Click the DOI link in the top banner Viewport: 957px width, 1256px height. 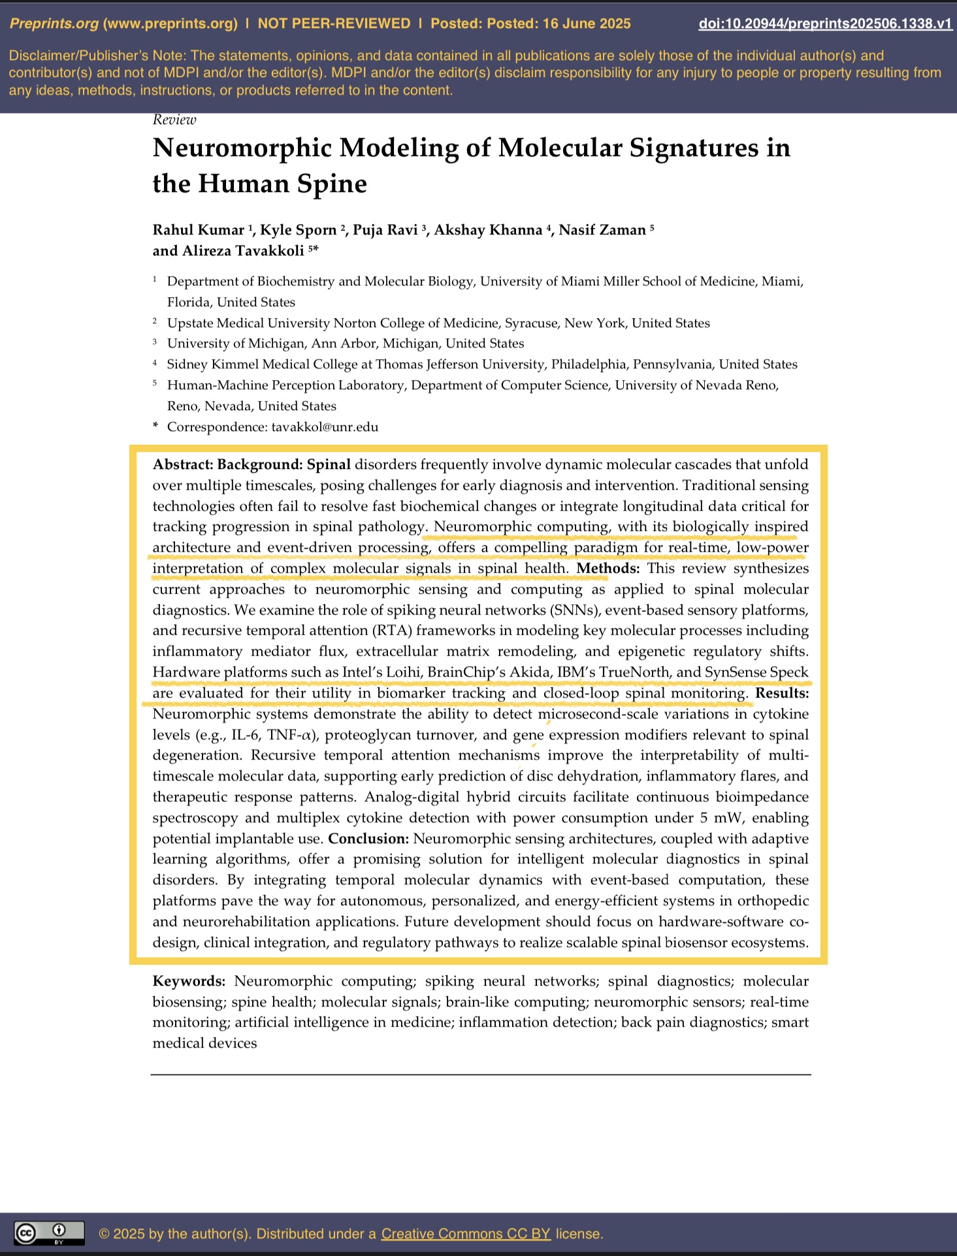click(825, 24)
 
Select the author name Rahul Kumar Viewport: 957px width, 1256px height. click(198, 230)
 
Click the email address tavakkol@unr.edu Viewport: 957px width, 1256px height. click(325, 427)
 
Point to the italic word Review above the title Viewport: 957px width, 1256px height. click(174, 120)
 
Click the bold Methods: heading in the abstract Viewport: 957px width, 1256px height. click(608, 568)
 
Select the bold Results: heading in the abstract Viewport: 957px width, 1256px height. click(782, 693)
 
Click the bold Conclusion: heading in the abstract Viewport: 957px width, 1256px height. click(368, 839)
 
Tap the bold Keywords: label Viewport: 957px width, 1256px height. click(189, 981)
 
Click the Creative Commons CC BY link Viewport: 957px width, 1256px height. click(466, 1234)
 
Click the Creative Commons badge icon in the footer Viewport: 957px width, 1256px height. click(49, 1233)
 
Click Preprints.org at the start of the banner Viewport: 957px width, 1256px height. click(54, 24)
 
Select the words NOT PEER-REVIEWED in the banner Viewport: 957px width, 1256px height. click(334, 24)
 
